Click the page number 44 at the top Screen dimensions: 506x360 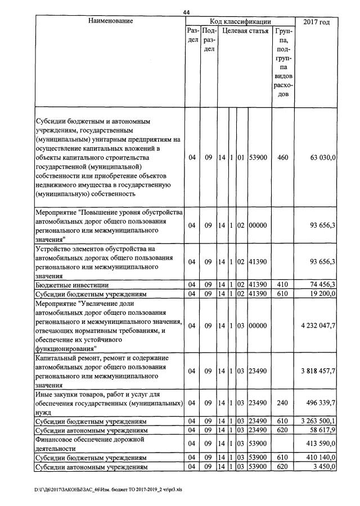coord(187,11)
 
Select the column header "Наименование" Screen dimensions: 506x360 coord(110,21)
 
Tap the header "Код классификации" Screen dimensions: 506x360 coord(240,21)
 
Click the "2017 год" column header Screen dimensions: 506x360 coord(316,22)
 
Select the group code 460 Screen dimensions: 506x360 coord(283,158)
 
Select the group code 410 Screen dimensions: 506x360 coord(283,285)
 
